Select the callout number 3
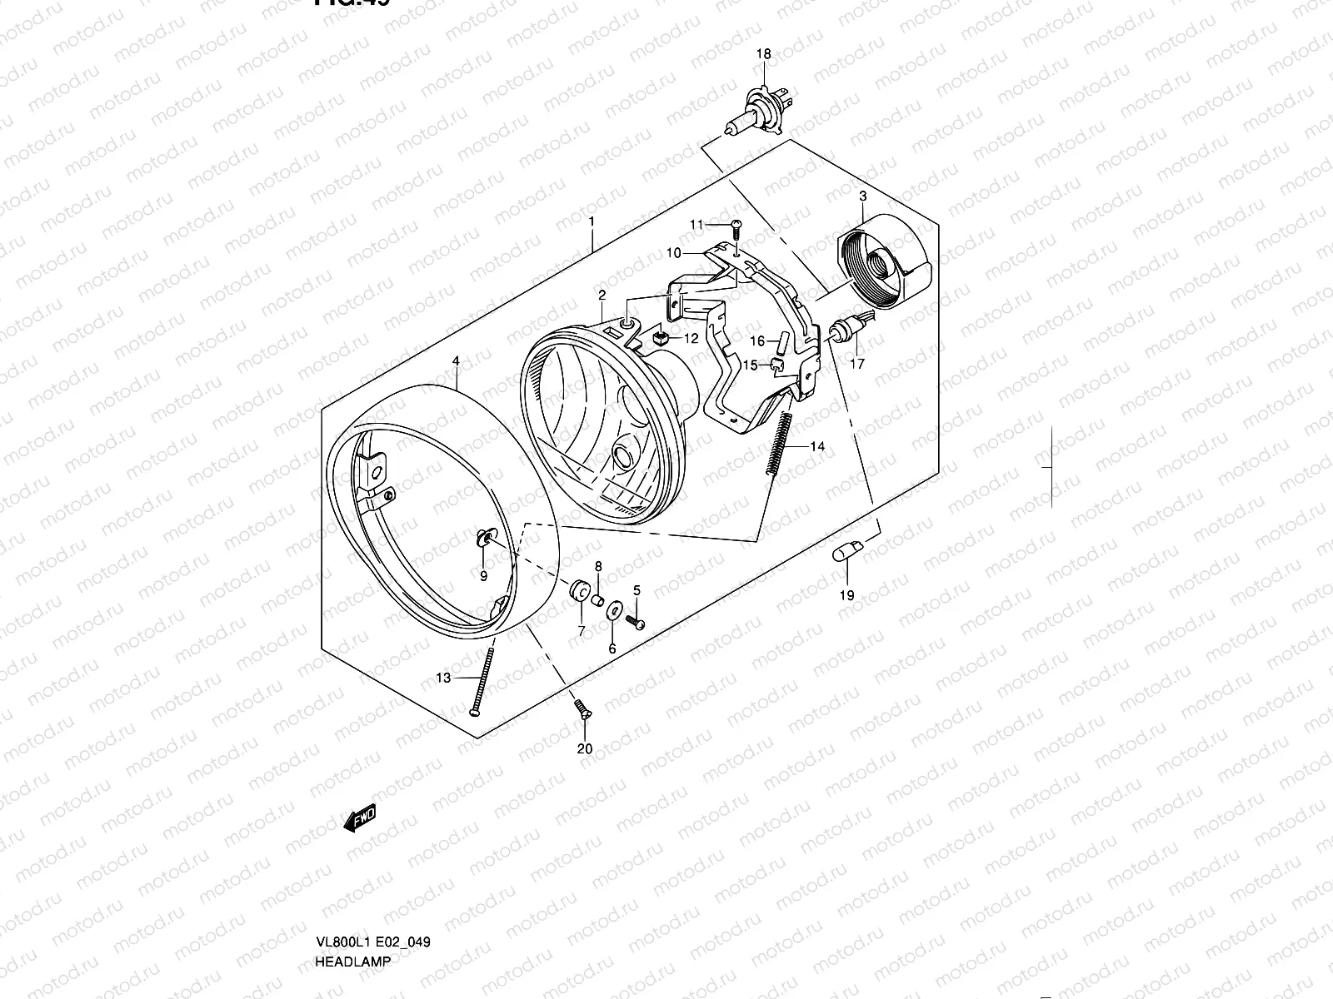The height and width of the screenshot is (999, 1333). pyautogui.click(x=862, y=196)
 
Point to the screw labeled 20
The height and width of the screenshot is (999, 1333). pyautogui.click(x=582, y=710)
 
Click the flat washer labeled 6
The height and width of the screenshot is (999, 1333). pyautogui.click(x=613, y=611)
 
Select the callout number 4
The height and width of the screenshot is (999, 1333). pyautogui.click(x=456, y=361)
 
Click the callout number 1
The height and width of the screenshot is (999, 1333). pyautogui.click(x=591, y=222)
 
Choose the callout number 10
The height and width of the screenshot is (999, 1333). pyautogui.click(x=673, y=252)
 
